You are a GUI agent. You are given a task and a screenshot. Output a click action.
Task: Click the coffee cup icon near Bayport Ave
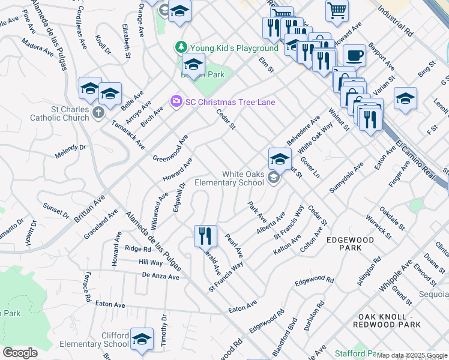click(x=354, y=56)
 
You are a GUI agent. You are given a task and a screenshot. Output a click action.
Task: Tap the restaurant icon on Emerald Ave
click(x=205, y=236)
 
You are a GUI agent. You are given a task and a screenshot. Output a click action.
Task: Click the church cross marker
click(x=99, y=112)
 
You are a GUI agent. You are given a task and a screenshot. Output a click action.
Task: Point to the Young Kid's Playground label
click(x=234, y=48)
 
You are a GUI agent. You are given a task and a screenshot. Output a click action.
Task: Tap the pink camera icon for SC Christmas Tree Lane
click(x=176, y=101)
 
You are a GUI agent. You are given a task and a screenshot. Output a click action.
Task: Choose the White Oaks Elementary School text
click(x=243, y=178)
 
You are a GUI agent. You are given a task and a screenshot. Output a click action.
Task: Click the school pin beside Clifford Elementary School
click(x=142, y=340)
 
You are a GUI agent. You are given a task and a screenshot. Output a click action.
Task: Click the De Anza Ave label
click(x=161, y=277)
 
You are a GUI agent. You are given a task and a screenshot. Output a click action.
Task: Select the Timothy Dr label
click(x=164, y=329)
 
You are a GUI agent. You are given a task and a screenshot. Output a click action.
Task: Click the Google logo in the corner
click(x=20, y=353)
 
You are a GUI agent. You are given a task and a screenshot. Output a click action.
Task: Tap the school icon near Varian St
click(x=405, y=99)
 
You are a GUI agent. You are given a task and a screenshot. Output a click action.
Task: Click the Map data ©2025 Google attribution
click(x=412, y=356)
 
